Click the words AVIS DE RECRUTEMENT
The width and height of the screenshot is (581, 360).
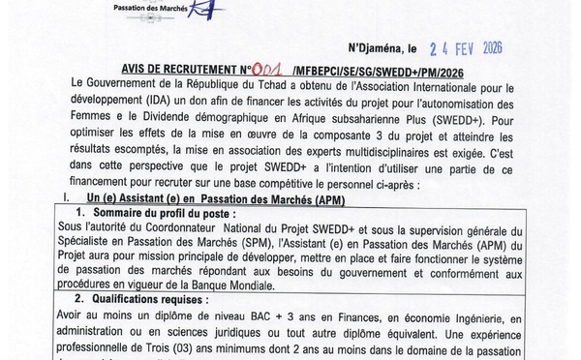pos(174,72)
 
